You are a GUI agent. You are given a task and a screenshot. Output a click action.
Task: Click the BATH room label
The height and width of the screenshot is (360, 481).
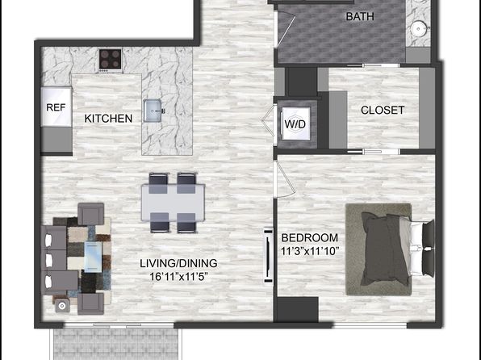click(x=360, y=16)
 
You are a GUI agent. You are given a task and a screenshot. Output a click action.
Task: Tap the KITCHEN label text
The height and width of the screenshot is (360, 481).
click(x=108, y=119)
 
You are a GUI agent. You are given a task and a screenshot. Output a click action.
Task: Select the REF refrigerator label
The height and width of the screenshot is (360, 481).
click(x=56, y=107)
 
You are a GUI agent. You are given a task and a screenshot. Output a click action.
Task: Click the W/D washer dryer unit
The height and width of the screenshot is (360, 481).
click(x=295, y=123)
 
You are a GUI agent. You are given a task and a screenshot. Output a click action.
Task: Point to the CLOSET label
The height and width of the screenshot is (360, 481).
click(x=383, y=110)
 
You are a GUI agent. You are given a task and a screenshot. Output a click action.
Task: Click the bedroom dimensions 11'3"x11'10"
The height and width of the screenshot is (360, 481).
click(x=310, y=251)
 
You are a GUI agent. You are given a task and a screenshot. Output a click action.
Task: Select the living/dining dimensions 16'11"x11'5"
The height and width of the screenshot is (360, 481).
click(x=179, y=277)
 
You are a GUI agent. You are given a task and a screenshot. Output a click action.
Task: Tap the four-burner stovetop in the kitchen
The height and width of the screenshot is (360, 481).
click(x=110, y=60)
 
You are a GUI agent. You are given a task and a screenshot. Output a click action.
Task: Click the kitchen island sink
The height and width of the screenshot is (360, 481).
click(x=153, y=111)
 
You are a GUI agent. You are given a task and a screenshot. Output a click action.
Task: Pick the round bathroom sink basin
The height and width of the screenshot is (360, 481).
click(x=417, y=30)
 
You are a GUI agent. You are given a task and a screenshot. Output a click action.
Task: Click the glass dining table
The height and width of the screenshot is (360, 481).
click(x=173, y=203)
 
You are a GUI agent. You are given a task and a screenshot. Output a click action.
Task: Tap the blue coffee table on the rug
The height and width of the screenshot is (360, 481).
click(x=93, y=257)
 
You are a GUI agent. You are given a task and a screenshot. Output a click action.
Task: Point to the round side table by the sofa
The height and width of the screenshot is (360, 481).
click(x=63, y=306)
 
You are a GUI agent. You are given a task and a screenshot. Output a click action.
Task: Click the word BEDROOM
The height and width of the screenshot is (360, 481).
click(x=310, y=238)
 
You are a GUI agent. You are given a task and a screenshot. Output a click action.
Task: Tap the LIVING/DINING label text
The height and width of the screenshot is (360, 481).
click(x=178, y=263)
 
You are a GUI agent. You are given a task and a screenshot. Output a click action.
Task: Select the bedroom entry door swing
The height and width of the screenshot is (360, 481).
click(x=284, y=178)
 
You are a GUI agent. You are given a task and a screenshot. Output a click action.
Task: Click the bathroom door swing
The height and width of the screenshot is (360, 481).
click(x=286, y=29)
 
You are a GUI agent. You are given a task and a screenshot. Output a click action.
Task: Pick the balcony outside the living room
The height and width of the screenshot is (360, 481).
click(x=116, y=344)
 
